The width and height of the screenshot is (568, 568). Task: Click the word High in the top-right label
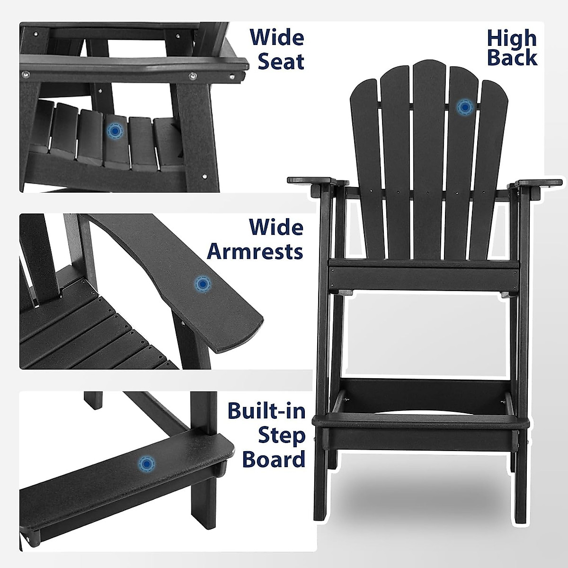512,38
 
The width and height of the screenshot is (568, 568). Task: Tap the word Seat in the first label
281,62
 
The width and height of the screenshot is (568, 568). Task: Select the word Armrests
255,251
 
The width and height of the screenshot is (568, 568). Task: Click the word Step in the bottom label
281,436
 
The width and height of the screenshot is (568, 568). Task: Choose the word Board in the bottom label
274,459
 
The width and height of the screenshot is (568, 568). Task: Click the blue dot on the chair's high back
464,108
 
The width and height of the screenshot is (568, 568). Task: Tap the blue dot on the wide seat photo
114,131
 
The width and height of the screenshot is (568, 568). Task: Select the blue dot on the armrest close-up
203,284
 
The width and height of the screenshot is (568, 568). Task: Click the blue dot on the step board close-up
145,463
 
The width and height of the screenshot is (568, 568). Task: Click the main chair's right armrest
539,183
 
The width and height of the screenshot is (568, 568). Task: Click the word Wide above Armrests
276,228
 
